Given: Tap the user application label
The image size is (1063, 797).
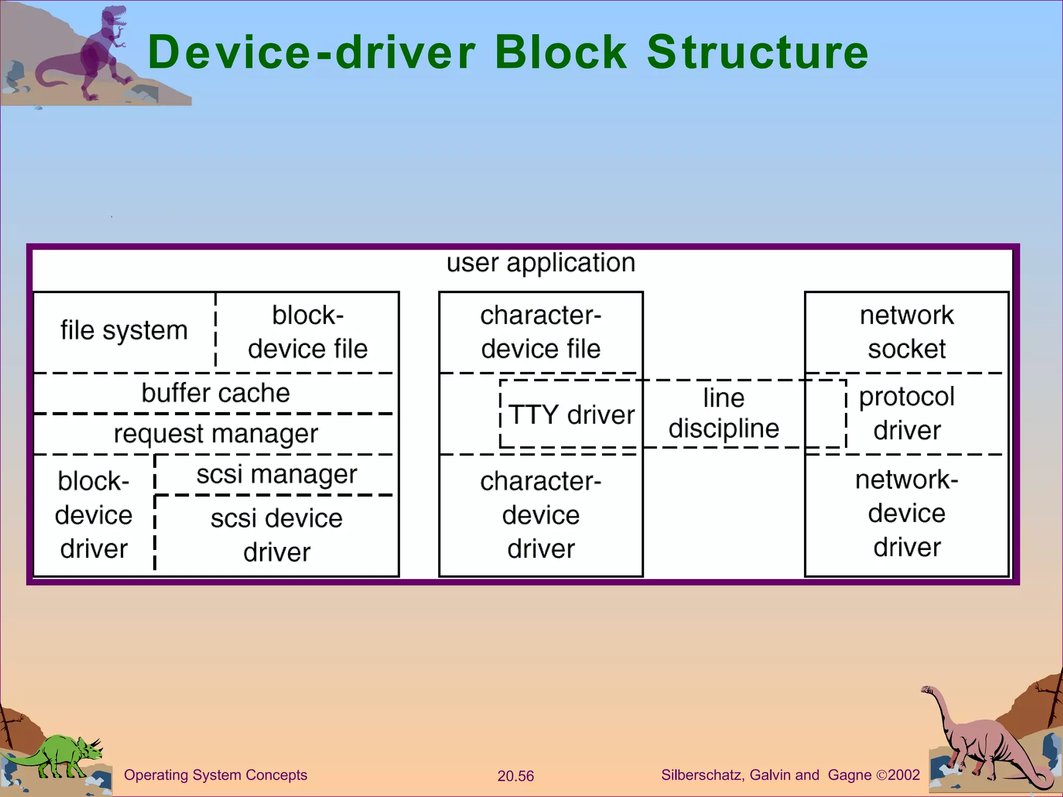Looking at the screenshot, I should [x=541, y=263].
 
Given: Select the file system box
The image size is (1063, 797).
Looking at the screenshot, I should [x=124, y=331].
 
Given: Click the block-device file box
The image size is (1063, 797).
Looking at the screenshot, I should [x=307, y=332].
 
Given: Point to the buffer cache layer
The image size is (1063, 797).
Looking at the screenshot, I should [x=215, y=393].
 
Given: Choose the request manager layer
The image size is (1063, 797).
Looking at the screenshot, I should [x=215, y=434].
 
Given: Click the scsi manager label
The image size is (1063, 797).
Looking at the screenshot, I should [x=277, y=474].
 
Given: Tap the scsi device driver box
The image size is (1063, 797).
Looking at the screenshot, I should [x=277, y=535].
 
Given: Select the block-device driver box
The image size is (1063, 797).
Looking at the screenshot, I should [x=93, y=515].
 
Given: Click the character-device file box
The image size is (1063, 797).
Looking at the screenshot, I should [x=541, y=332].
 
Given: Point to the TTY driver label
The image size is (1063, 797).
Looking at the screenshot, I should [x=571, y=415].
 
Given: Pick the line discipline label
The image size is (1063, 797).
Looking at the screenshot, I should [x=724, y=413].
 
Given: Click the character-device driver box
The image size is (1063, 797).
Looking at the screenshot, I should [x=541, y=515].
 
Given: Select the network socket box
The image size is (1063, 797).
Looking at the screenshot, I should [x=906, y=332].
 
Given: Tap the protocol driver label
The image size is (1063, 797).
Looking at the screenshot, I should [x=906, y=413].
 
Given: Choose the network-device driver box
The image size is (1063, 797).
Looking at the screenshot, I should [x=906, y=513].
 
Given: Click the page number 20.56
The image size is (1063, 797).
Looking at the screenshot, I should [x=515, y=776].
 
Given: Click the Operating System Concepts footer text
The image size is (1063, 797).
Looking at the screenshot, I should [x=215, y=775].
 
